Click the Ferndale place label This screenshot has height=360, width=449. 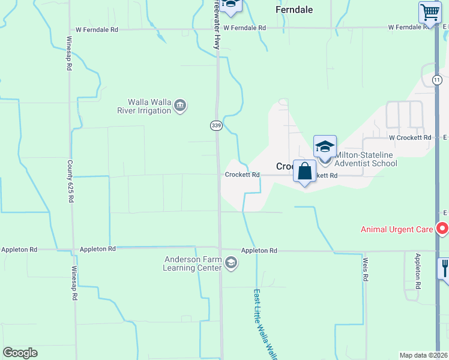(294, 10)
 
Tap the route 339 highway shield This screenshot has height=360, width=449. (217, 125)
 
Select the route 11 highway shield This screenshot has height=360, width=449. (436, 80)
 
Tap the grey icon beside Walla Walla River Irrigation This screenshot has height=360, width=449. (179, 106)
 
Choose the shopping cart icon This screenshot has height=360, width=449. (429, 12)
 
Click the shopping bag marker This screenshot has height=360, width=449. (305, 171)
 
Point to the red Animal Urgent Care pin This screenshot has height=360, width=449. (442, 229)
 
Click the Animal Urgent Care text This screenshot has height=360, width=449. (397, 229)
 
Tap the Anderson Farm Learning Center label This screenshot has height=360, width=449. (192, 263)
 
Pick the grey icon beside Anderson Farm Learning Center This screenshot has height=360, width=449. (231, 263)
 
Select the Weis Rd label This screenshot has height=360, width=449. (364, 268)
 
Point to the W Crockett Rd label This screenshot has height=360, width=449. (410, 137)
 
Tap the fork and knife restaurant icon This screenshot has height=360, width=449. (445, 267)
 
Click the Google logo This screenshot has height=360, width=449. (20, 353)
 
